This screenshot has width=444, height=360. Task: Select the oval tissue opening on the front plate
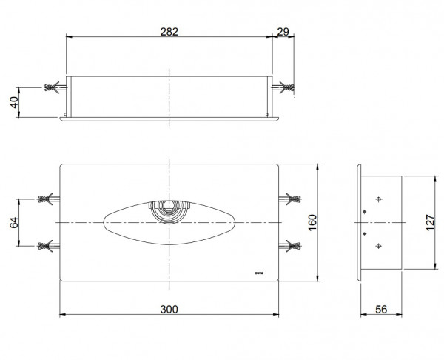pyautogui.click(x=133, y=222)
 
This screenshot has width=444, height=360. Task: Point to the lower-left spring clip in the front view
pyautogui.click(x=47, y=244)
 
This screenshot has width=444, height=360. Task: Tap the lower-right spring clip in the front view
pyautogui.click(x=292, y=244)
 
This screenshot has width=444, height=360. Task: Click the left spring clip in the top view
pyautogui.click(x=55, y=88)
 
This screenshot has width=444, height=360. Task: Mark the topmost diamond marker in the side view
pyautogui.click(x=380, y=199)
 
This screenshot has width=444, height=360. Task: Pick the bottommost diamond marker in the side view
pyautogui.click(x=380, y=246)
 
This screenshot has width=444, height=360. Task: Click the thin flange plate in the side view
pyautogui.click(x=358, y=222)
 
